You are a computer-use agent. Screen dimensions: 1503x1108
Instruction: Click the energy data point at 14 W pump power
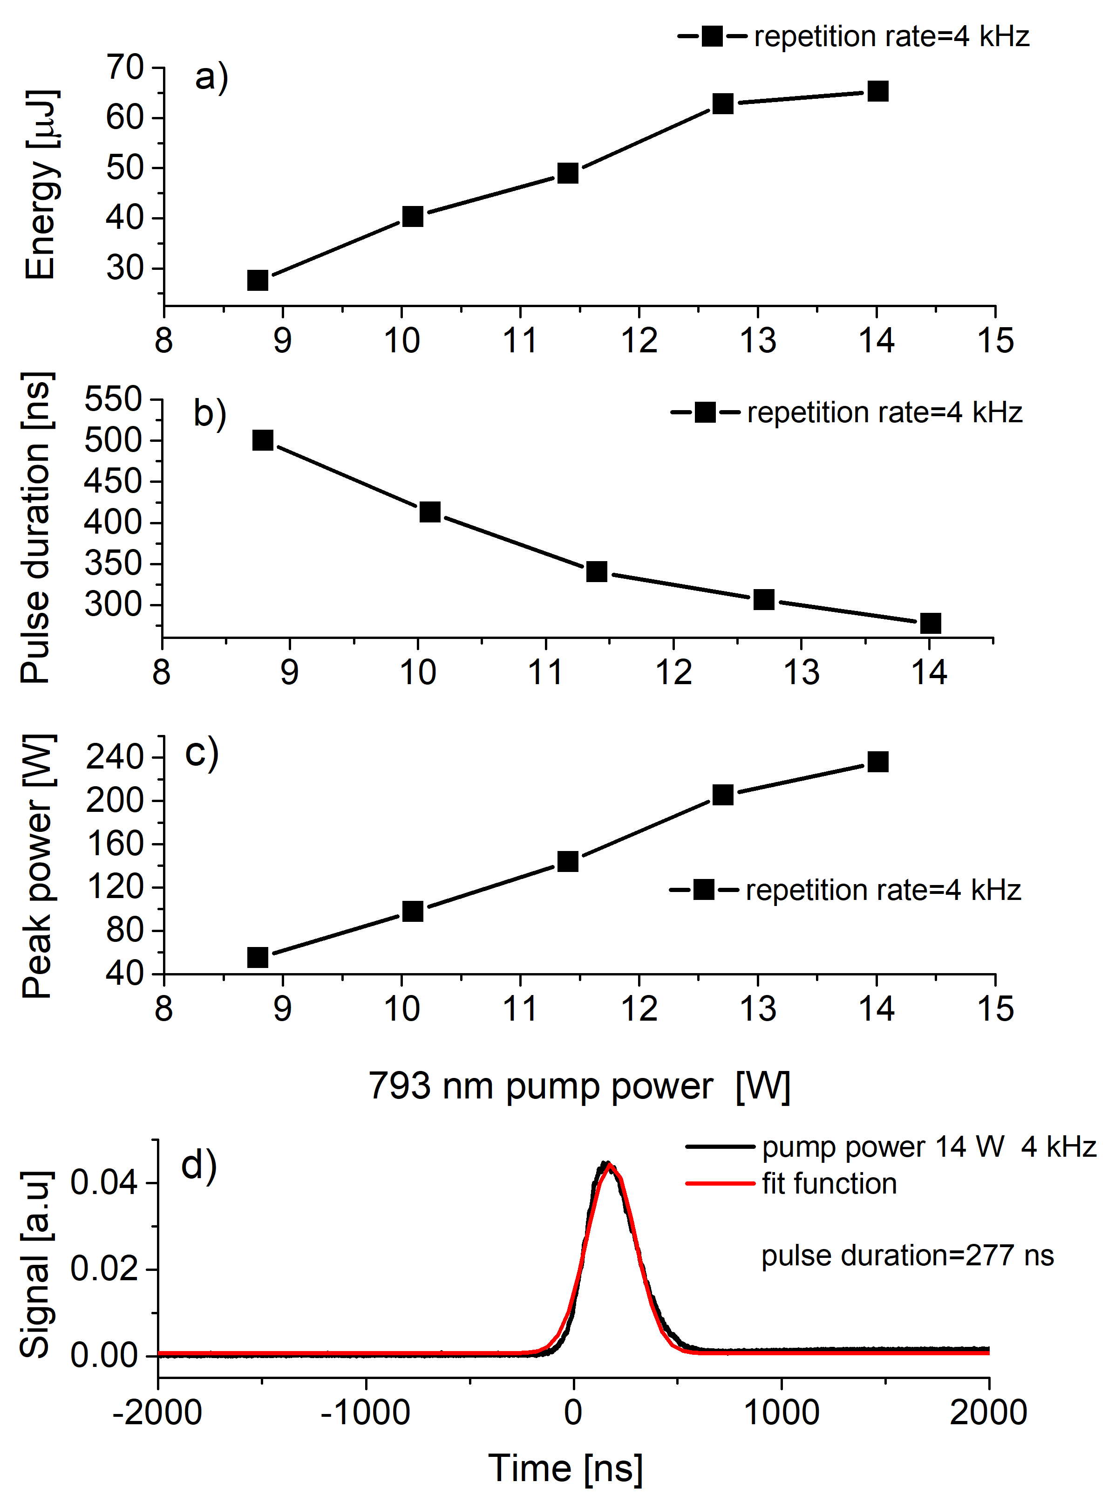878,91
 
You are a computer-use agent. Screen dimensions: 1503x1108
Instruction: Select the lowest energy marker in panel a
258,280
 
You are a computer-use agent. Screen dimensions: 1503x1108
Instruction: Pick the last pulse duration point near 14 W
930,623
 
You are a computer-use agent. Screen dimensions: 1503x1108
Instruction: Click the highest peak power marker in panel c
878,762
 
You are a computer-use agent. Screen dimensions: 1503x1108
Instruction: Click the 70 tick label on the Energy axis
125,68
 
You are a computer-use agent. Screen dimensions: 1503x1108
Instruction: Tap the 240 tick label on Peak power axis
116,757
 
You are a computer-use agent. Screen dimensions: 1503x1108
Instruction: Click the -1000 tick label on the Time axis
366,1413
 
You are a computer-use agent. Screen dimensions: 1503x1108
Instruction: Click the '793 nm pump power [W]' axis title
579,1085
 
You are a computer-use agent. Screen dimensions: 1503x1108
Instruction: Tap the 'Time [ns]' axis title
565,1468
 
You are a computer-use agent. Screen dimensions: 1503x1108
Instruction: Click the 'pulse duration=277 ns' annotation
907,1256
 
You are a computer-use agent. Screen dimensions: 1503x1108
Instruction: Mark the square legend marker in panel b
705,412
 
